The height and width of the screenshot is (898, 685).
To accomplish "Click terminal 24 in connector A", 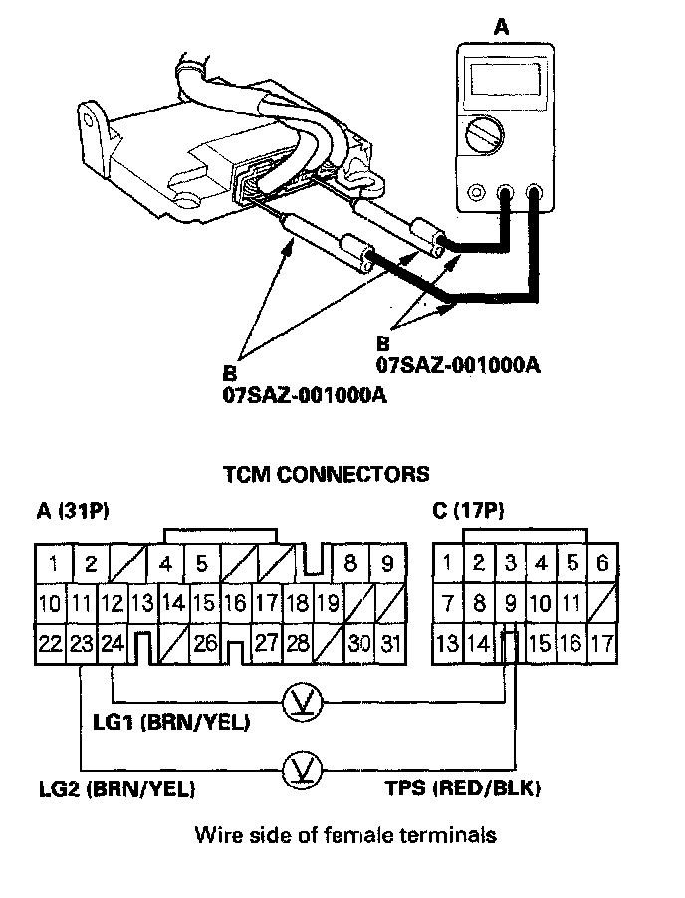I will pyautogui.click(x=112, y=643).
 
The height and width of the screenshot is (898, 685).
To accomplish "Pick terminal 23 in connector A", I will pyautogui.click(x=81, y=643).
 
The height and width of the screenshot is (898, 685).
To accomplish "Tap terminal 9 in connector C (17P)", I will pyautogui.click(x=511, y=602).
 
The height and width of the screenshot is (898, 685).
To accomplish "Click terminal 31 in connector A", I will pyautogui.click(x=391, y=643).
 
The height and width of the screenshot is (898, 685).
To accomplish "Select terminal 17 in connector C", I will pyautogui.click(x=601, y=643).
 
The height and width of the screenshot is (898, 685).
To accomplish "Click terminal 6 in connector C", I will pyautogui.click(x=601, y=563).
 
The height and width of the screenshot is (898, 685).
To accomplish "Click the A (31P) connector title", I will pyautogui.click(x=72, y=512).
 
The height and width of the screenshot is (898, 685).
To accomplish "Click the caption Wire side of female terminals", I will pyautogui.click(x=344, y=834).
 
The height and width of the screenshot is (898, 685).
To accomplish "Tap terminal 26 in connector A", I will pyautogui.click(x=205, y=643).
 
